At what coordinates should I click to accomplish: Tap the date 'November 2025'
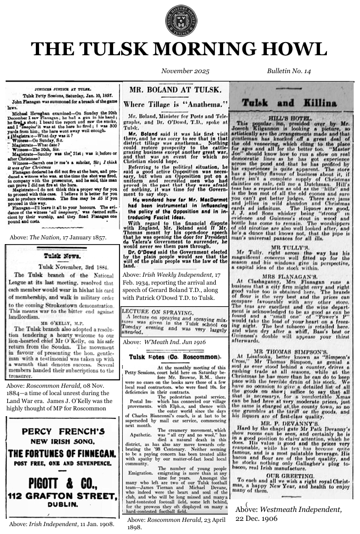180,70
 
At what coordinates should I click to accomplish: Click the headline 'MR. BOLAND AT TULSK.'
174,89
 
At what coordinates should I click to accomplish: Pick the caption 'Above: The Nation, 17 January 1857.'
58,238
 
